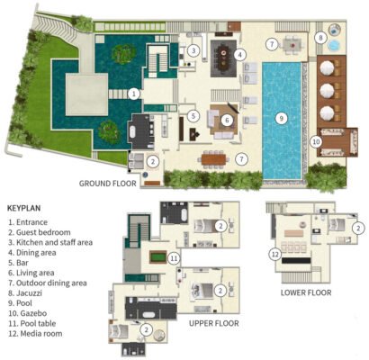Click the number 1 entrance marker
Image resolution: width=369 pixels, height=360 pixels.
(134, 94)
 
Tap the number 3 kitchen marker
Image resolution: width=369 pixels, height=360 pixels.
(193, 50)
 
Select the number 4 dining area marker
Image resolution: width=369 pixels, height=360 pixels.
(239, 55)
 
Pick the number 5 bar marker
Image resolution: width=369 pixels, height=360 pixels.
(193, 116)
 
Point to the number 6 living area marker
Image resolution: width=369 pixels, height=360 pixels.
(227, 121)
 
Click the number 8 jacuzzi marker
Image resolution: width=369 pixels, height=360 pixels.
(320, 38)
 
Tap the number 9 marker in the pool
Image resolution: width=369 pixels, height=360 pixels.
(282, 119)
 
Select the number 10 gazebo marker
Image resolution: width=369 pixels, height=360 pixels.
(317, 141)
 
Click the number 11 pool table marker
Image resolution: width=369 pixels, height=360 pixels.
(174, 258)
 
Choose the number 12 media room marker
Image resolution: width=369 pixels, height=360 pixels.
(275, 255)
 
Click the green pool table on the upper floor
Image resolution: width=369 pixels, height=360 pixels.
(158, 257)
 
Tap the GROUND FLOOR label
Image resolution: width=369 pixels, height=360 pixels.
(108, 184)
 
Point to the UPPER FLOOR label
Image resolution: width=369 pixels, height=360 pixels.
(214, 323)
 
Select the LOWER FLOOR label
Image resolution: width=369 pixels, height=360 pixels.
(306, 292)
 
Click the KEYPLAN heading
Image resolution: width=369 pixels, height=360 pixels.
(24, 208)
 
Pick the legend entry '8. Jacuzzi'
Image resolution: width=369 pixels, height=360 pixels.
(25, 293)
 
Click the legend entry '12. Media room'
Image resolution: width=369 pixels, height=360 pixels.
(35, 334)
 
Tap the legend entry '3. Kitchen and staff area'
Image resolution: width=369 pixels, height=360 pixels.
(50, 242)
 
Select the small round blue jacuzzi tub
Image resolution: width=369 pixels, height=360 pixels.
(334, 45)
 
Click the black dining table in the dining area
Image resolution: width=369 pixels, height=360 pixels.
(223, 58)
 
